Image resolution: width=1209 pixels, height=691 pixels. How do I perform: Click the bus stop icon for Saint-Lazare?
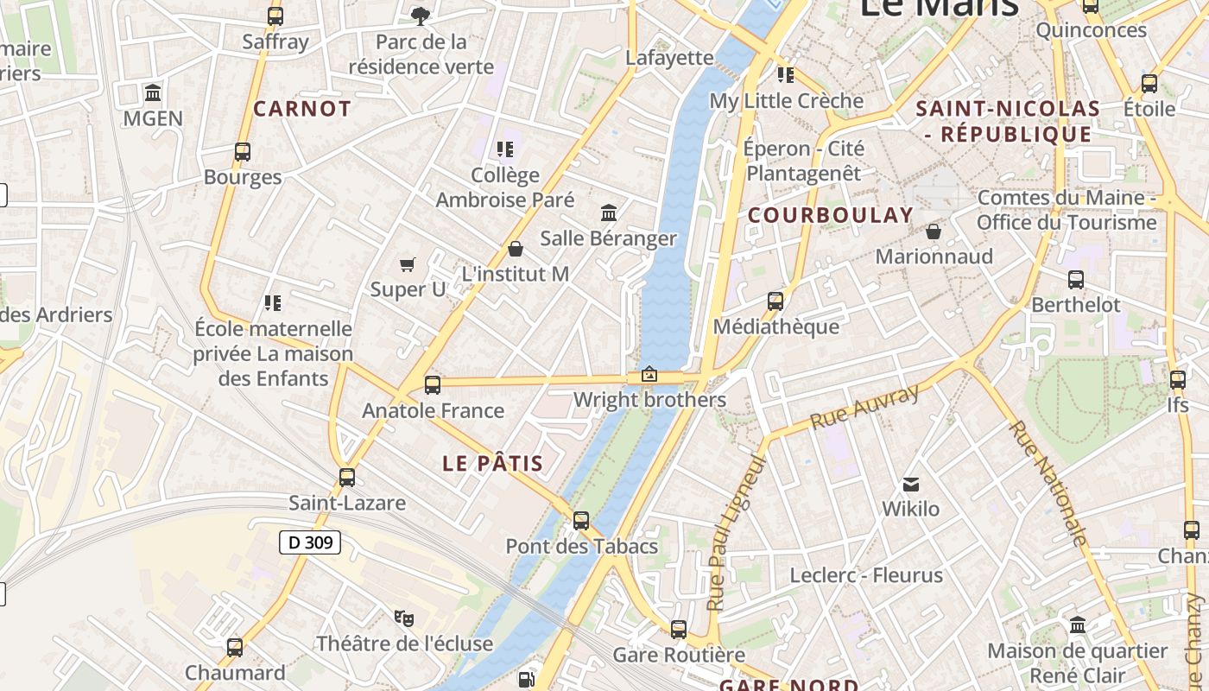coord(346,477)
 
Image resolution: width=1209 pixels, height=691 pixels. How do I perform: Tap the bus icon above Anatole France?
coord(433,384)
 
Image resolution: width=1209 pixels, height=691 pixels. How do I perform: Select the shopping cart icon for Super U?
coord(407,264)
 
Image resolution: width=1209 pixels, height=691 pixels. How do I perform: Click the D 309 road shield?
coord(310,542)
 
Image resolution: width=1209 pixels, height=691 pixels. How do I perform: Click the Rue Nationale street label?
coord(1048,483)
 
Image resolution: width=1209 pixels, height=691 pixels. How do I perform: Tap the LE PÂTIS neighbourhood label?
coord(493,463)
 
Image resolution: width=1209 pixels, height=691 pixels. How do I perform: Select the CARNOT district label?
coord(302,109)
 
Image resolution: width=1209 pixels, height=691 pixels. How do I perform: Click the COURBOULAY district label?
coord(831,215)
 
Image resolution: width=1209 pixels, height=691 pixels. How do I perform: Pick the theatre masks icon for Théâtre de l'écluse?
coord(403,618)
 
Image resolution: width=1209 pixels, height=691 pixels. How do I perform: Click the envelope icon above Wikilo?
coord(911,484)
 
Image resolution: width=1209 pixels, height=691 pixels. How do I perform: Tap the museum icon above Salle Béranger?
coord(609,212)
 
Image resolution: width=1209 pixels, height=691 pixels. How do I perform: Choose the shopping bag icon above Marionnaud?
coord(934,231)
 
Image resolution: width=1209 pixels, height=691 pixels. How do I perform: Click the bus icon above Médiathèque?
coord(775,301)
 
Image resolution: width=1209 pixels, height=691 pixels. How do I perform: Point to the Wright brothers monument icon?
coord(649,375)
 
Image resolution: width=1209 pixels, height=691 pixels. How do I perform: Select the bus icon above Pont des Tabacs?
coord(581,521)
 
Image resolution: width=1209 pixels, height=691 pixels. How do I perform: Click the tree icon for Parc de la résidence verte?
coord(421,16)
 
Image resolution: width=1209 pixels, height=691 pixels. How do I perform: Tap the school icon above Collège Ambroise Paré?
coord(505,149)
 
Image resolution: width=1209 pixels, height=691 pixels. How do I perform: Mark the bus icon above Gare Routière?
coord(679,630)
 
